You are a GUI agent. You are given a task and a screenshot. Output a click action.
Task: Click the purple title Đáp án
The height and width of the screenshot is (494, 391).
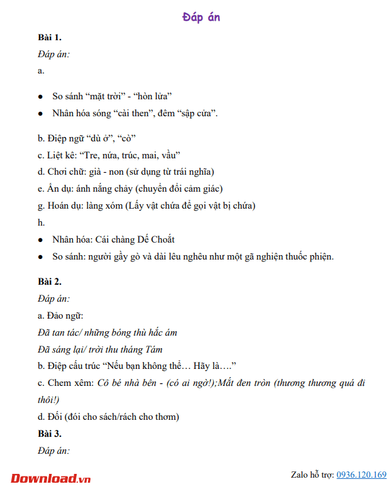pyautogui.click(x=201, y=18)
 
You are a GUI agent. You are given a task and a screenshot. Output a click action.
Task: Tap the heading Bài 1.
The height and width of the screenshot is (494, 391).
pyautogui.click(x=50, y=38)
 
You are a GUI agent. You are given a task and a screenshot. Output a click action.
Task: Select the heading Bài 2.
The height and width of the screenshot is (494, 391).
pyautogui.click(x=50, y=282)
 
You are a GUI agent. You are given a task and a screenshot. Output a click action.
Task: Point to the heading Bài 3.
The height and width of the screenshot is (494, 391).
pyautogui.click(x=50, y=434)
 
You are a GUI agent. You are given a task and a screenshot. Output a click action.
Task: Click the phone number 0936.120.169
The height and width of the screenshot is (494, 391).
pyautogui.click(x=361, y=475)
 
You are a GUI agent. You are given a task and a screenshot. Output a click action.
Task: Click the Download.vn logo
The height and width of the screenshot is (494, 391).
pyautogui.click(x=50, y=478)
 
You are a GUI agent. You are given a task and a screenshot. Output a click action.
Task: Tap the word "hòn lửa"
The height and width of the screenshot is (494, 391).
pyautogui.click(x=153, y=96)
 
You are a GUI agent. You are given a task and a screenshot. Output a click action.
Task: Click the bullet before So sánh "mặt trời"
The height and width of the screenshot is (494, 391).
pyautogui.click(x=40, y=97)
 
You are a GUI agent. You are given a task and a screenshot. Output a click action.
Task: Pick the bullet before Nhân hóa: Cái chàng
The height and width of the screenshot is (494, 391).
pyautogui.click(x=40, y=239)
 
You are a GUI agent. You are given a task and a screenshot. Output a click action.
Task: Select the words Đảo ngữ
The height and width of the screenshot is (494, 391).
pyautogui.click(x=65, y=315)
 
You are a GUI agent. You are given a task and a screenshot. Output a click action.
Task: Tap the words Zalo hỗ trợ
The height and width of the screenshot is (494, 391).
pyautogui.click(x=312, y=475)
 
